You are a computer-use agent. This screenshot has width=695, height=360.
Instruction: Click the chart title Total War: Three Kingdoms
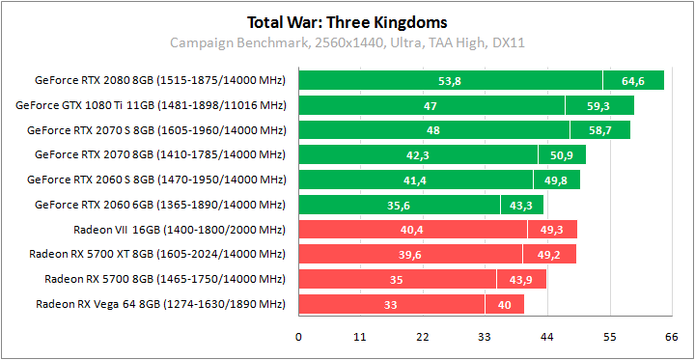347,21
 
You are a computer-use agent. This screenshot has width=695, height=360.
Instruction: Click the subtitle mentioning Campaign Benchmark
347,42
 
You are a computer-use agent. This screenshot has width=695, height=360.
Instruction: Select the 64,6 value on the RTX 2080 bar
633,81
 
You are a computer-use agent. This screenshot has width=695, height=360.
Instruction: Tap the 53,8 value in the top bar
450,81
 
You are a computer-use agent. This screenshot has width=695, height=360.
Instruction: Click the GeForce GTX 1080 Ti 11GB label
151,105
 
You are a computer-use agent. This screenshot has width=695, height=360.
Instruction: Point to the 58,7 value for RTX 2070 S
599,130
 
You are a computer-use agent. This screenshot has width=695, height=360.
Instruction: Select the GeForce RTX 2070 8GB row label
160,154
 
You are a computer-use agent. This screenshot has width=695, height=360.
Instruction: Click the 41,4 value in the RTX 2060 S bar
415,180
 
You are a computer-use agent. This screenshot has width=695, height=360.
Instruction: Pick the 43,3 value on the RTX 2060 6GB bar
522,205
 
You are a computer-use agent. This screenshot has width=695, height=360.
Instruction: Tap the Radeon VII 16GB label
180,230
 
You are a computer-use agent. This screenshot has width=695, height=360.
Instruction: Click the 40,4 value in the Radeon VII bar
412,230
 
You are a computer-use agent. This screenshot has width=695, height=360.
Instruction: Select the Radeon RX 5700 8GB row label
165,279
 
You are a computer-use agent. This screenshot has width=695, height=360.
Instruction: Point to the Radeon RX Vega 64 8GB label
161,304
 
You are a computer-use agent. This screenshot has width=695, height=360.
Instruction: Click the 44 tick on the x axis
546,337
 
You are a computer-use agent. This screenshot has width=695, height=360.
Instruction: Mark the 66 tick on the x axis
671,337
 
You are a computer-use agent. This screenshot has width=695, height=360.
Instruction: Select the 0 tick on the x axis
298,337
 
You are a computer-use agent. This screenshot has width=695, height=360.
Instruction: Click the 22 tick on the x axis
423,337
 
